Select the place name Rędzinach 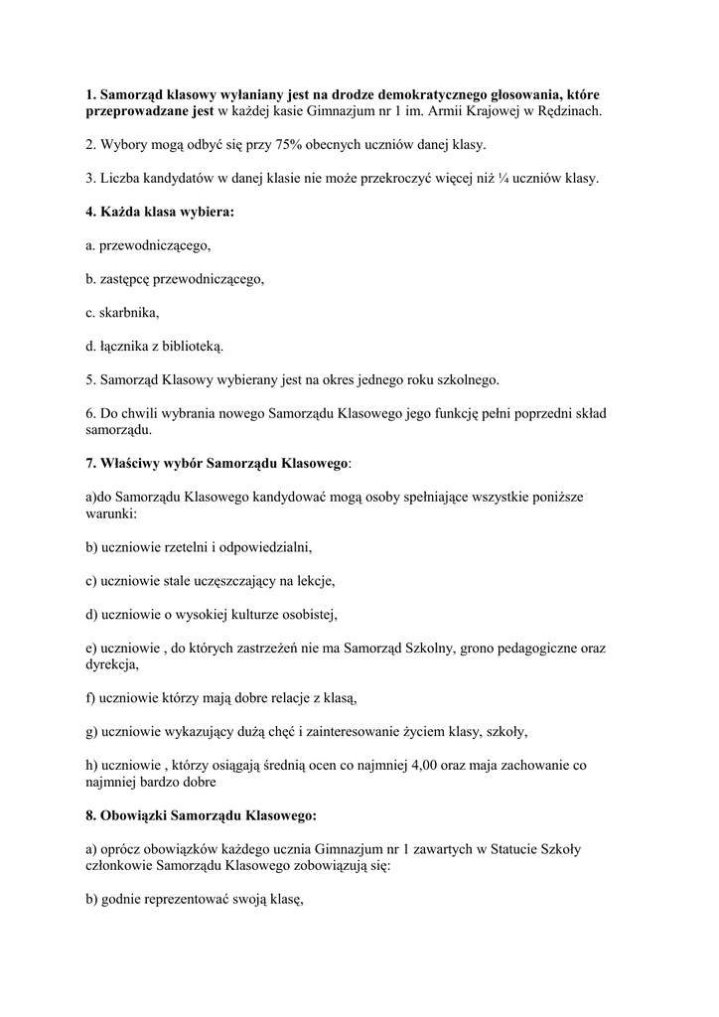(567, 111)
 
